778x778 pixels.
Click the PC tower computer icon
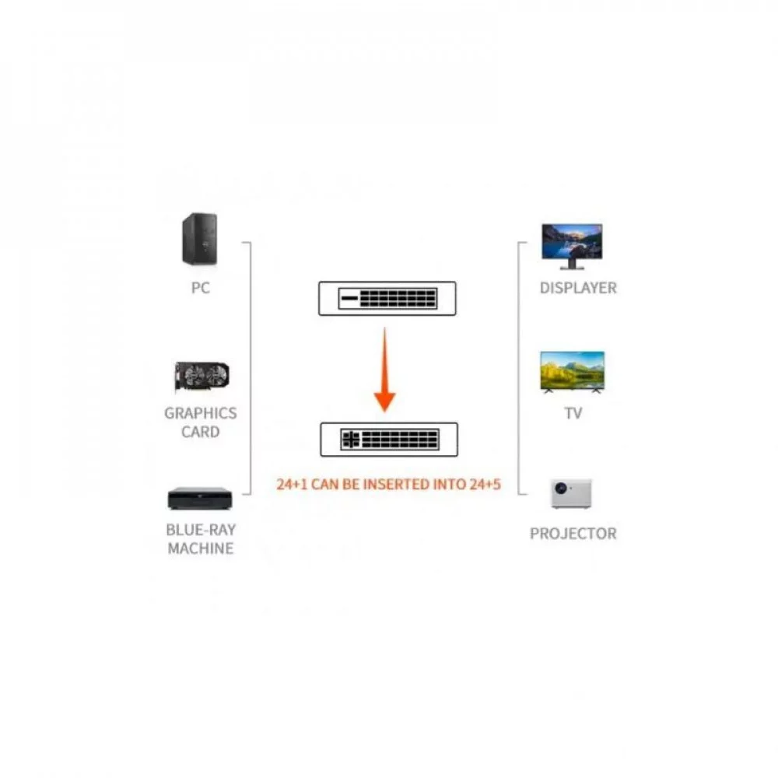pyautogui.click(x=199, y=239)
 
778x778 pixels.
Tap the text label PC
pyautogui.click(x=201, y=288)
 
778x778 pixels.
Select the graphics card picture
pyautogui.click(x=202, y=377)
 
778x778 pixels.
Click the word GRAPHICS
pyautogui.click(x=201, y=413)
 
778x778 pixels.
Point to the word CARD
pyautogui.click(x=201, y=432)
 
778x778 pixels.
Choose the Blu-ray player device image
pyautogui.click(x=200, y=499)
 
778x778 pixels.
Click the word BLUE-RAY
pyautogui.click(x=201, y=530)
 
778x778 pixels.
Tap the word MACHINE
pyautogui.click(x=201, y=548)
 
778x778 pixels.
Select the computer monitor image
pyautogui.click(x=572, y=247)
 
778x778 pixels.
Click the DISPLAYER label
pyautogui.click(x=578, y=288)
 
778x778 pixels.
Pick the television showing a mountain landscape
pyautogui.click(x=573, y=372)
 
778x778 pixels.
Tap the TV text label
pyautogui.click(x=573, y=413)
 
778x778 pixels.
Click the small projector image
pyautogui.click(x=571, y=494)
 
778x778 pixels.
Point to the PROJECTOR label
pyautogui.click(x=573, y=534)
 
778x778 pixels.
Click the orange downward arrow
pyautogui.click(x=384, y=370)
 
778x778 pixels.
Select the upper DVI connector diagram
pyautogui.click(x=387, y=298)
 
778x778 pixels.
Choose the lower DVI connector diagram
pyautogui.click(x=389, y=440)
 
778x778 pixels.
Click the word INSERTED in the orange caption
pyautogui.click(x=397, y=484)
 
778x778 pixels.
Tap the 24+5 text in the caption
pyautogui.click(x=485, y=484)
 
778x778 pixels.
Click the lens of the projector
pyautogui.click(x=561, y=489)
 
